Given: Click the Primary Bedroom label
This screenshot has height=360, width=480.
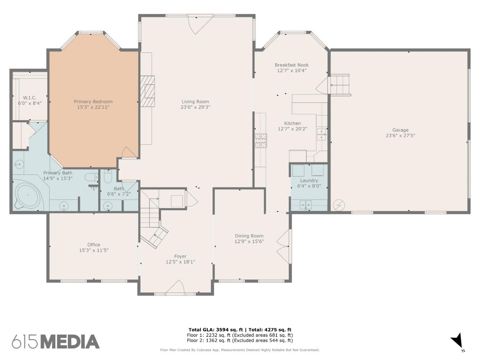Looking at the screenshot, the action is pos(93,102).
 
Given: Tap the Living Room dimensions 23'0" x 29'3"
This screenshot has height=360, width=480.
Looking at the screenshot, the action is pos(195,107).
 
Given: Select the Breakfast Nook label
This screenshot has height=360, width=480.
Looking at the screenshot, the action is pos(292,65).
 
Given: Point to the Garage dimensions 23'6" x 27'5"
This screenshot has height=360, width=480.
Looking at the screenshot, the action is pos(400,135).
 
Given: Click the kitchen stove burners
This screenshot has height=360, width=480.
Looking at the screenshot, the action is pos(260,140).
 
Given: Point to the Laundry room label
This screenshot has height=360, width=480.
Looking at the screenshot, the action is pos(309,180).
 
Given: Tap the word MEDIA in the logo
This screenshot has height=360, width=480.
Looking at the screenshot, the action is pos(70,342).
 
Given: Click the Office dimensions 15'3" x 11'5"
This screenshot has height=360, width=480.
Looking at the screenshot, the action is pos(94,250).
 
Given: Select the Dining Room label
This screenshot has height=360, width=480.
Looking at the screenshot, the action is pos(249,236).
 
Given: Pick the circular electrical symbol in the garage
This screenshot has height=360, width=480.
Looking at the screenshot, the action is pos(339,205).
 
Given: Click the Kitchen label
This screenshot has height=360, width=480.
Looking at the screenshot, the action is pos(292,123).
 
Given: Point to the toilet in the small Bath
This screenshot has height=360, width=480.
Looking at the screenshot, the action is pos(108,176).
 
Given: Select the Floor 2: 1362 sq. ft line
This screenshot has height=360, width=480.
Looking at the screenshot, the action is pos(240,340).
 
